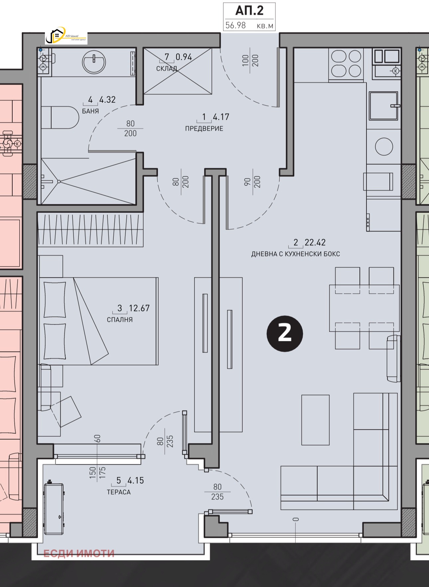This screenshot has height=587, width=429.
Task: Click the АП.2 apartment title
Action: [x=249, y=11]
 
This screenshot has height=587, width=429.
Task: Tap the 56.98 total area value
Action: [x=235, y=25]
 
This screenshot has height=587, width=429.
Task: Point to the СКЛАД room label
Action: [x=167, y=69]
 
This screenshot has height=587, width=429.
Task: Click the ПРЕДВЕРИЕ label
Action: [x=204, y=128]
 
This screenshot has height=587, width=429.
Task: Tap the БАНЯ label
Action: [x=90, y=111]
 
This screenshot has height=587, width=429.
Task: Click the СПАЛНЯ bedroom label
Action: [x=120, y=320]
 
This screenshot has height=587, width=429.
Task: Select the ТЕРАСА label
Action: [x=119, y=492]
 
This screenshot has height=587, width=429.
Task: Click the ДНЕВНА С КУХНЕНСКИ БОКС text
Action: [x=295, y=254]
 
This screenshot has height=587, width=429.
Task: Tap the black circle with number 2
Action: [x=285, y=334]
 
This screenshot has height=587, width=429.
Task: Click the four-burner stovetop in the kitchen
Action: [x=346, y=64]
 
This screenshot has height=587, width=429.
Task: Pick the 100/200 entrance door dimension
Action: [x=250, y=61]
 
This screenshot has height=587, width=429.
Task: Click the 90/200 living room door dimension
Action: [x=252, y=182]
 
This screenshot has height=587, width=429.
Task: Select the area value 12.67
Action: [x=139, y=308]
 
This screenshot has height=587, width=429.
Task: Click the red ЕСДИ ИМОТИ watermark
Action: [x=79, y=553]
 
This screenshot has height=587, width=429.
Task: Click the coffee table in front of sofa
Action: [x=315, y=420]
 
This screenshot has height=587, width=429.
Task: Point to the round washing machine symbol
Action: [x=384, y=147]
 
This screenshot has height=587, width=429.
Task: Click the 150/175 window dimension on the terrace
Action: [x=97, y=472]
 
